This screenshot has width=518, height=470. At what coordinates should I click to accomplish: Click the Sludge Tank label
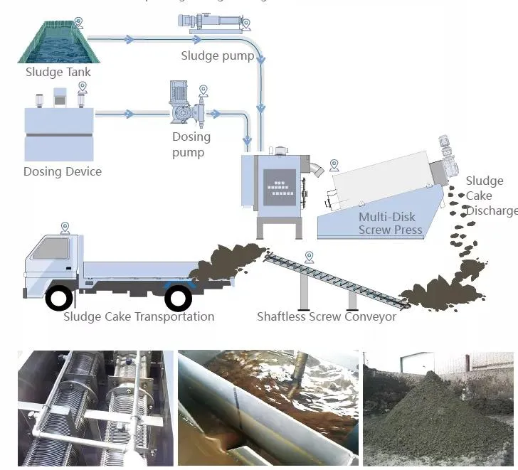pos(58,72)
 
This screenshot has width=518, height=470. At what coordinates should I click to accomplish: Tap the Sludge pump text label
pos(217,55)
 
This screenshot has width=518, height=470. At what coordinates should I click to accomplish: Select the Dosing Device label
pos(63,171)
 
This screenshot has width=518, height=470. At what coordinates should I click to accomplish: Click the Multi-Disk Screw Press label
pos(390,223)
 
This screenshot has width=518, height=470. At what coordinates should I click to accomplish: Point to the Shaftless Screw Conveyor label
pos(327,316)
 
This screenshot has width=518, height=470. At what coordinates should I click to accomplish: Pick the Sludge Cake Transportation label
pos(139,316)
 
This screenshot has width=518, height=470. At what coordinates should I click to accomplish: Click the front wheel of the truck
pos(59,297)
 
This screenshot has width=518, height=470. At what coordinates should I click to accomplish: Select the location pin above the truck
pos(65,228)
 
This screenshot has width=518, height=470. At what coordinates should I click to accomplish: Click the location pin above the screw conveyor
pos(308,257)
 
